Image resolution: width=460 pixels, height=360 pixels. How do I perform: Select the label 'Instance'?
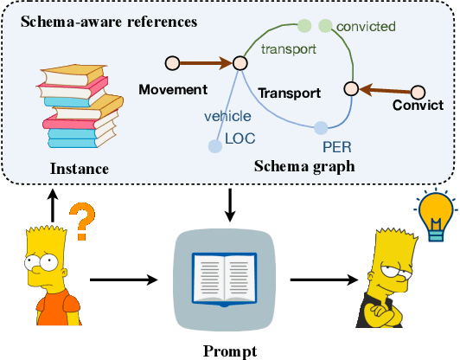[78, 169]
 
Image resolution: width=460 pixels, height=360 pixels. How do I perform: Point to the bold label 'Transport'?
[290, 93]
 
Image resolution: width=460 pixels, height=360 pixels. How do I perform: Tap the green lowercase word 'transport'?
[288, 49]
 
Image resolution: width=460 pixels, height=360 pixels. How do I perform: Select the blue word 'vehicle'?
[227, 114]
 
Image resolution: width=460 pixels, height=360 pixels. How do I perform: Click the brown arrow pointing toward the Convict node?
[384, 89]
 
